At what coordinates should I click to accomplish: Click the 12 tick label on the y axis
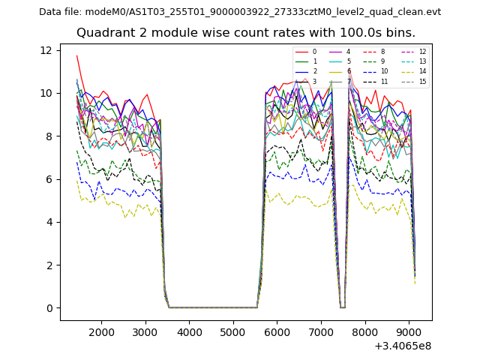pyautogui.click(x=45, y=50)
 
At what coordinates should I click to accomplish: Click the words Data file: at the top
pyautogui.click(x=61, y=12)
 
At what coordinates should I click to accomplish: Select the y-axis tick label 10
pyautogui.click(x=45, y=93)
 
